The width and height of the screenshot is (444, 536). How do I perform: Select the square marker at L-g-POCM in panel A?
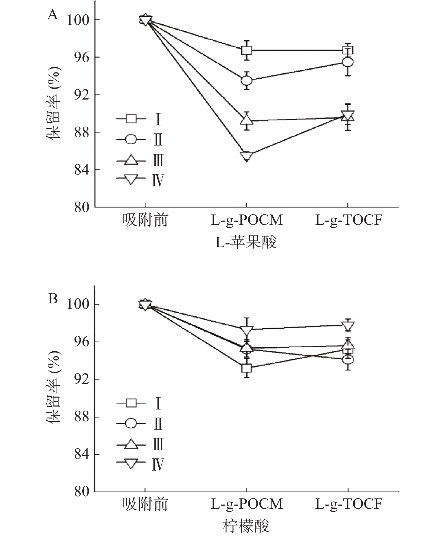pyautogui.click(x=247, y=51)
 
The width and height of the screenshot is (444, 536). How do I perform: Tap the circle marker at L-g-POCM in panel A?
pyautogui.click(x=247, y=81)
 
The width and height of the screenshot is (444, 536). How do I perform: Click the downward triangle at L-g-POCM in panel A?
pyautogui.click(x=247, y=156)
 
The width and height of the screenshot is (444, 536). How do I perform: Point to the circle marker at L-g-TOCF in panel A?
pyautogui.click(x=348, y=62)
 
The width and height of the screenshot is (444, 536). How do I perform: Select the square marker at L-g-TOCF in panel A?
pyautogui.click(x=348, y=51)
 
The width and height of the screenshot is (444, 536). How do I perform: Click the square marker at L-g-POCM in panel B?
pyautogui.click(x=247, y=368)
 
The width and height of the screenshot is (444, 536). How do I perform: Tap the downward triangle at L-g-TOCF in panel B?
pyautogui.click(x=348, y=326)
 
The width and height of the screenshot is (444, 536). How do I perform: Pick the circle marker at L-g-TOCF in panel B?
pyautogui.click(x=348, y=359)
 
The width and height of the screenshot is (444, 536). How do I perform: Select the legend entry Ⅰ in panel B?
pyautogui.click(x=158, y=403)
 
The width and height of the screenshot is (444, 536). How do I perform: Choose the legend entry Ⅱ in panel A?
pyautogui.click(x=158, y=140)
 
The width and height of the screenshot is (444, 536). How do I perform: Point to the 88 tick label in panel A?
pyautogui.click(x=81, y=132)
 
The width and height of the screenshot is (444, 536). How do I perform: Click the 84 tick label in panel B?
pyautogui.click(x=81, y=455)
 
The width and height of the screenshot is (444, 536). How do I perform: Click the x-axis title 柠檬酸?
pyautogui.click(x=246, y=526)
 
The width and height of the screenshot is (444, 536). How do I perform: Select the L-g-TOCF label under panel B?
pyautogui.click(x=348, y=504)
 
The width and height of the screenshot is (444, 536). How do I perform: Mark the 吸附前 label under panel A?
pyautogui.click(x=145, y=220)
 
